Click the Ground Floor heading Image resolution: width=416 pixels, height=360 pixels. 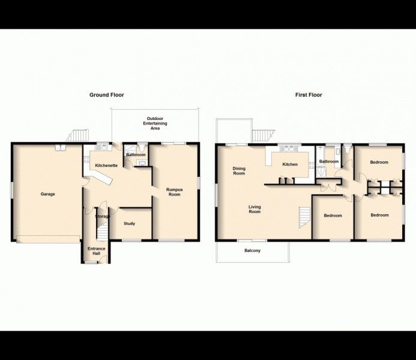[x=107, y=95]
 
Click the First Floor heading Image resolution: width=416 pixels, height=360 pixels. [x=309, y=95]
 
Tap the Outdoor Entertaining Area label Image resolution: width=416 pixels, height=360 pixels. [x=155, y=123]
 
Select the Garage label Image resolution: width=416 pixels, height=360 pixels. [x=48, y=194]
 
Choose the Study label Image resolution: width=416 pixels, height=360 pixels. [x=129, y=224]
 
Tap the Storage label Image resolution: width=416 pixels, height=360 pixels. [x=102, y=216]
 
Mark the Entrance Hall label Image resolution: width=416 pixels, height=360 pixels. [x=96, y=251]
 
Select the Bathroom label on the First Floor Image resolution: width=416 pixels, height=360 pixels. [x=328, y=161]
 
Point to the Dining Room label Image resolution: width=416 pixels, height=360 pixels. [x=239, y=171]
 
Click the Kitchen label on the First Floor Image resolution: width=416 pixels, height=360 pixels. [x=290, y=164]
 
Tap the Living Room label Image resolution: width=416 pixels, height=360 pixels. [x=255, y=209]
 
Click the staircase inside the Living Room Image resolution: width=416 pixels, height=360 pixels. [x=304, y=217]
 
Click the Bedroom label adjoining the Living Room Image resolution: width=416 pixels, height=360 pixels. [x=333, y=215]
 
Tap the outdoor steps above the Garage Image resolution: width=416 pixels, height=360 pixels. [x=79, y=135]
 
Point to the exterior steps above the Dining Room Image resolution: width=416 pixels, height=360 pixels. [x=263, y=135]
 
